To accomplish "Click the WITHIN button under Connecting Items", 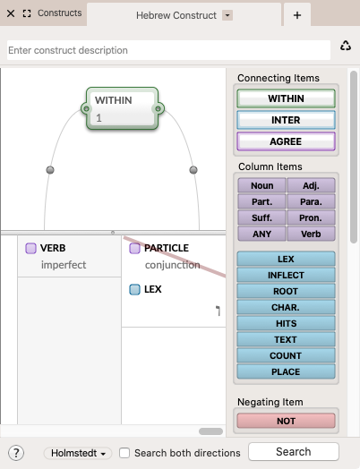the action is (x=286, y=98).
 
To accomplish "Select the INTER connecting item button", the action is (x=286, y=120).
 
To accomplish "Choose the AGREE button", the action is (x=286, y=141).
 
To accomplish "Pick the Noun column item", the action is (x=261, y=186).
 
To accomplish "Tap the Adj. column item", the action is (x=311, y=186).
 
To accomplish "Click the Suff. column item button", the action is (x=261, y=217).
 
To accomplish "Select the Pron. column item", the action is (x=311, y=217).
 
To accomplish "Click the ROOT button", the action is (x=286, y=291).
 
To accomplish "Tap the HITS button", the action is (x=286, y=323).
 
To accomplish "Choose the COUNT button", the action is (x=286, y=355).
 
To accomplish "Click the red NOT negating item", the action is (x=286, y=421).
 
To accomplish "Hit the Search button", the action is (x=294, y=452).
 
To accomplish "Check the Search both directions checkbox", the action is (x=124, y=453).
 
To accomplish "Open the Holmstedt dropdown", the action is (x=78, y=453).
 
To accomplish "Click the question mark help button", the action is (x=16, y=453).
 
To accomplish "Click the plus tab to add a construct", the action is (x=297, y=15).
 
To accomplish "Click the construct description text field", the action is (x=168, y=50).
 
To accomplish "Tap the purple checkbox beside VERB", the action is (x=30, y=248).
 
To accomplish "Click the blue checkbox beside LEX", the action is (x=134, y=289).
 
